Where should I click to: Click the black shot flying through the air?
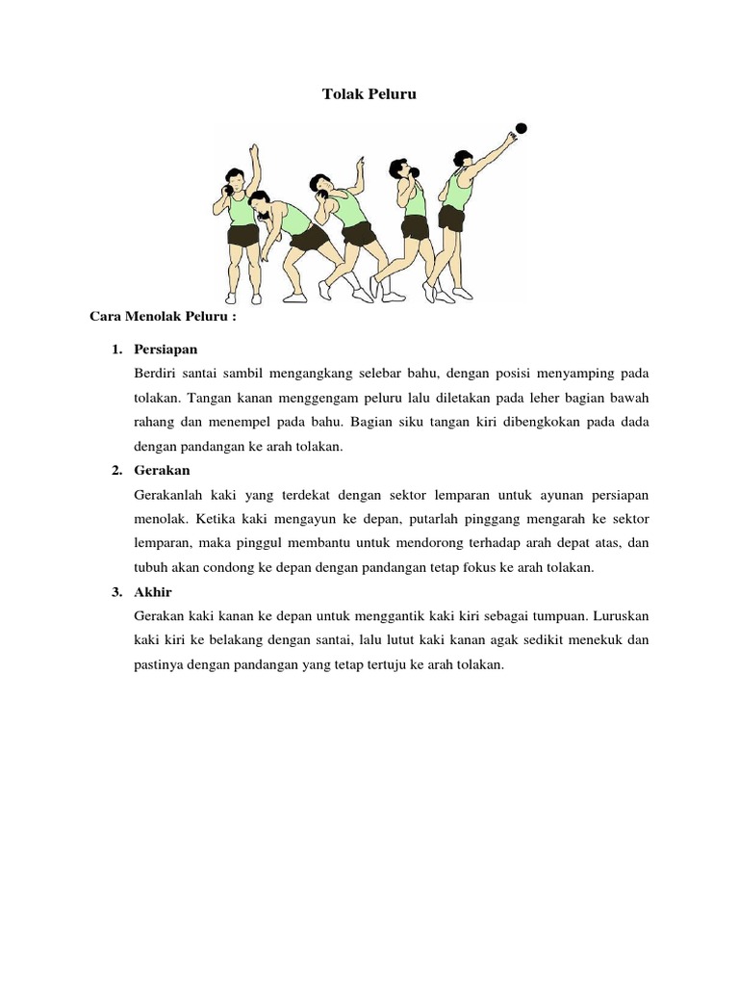click(x=522, y=128)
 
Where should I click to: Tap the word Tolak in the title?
click(x=338, y=94)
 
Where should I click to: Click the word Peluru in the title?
click(x=394, y=94)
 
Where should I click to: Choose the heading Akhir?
click(x=154, y=591)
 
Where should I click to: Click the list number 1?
click(x=116, y=347)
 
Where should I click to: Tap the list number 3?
click(x=116, y=591)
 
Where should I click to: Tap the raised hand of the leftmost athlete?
click(x=254, y=150)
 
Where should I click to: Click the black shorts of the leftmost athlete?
click(x=242, y=235)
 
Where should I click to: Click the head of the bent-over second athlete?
click(x=260, y=198)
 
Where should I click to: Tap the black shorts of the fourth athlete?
click(x=415, y=227)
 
